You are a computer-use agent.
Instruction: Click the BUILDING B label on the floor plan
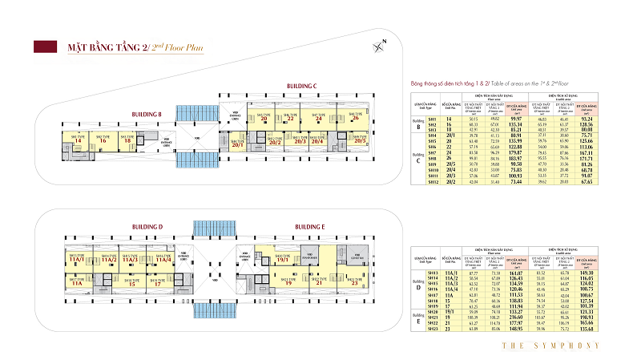pos(146,115)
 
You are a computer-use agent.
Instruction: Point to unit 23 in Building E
pos(354,282)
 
